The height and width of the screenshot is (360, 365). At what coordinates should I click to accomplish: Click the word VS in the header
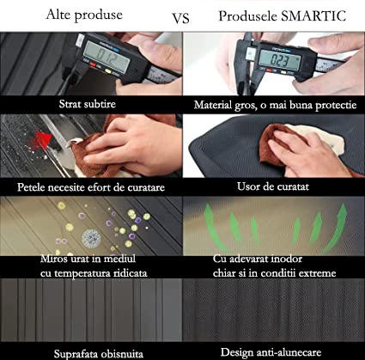180,18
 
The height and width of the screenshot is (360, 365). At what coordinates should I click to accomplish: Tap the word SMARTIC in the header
313,15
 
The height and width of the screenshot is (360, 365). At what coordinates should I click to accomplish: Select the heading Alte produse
84,15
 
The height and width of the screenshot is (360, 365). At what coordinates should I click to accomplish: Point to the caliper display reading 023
280,61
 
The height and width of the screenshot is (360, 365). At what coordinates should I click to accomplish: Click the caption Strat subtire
88,104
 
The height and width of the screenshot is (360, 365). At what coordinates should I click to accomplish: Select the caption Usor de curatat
273,186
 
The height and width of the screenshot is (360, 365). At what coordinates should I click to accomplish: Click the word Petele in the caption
31,187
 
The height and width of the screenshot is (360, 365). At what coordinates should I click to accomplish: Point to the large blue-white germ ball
91,238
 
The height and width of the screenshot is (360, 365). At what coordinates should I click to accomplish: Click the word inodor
285,259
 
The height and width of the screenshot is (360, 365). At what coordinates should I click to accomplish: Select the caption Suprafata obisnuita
99,354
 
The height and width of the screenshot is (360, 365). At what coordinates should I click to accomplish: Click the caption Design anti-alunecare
271,352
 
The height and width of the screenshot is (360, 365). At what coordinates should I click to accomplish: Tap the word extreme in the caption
319,273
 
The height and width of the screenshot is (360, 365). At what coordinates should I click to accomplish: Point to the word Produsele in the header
248,16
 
